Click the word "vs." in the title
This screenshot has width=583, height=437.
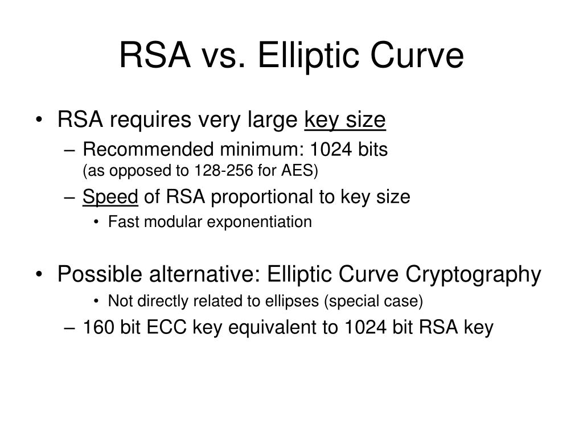(223, 56)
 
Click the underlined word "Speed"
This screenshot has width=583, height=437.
(110, 197)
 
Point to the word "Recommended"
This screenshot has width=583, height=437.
(149, 150)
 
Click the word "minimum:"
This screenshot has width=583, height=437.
(262, 150)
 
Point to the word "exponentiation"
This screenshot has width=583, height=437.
(259, 222)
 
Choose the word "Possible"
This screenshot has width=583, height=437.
(100, 274)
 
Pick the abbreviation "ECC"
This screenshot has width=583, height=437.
(166, 328)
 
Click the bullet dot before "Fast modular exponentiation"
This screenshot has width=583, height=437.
(96, 222)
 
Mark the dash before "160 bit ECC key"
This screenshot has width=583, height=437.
(69, 328)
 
